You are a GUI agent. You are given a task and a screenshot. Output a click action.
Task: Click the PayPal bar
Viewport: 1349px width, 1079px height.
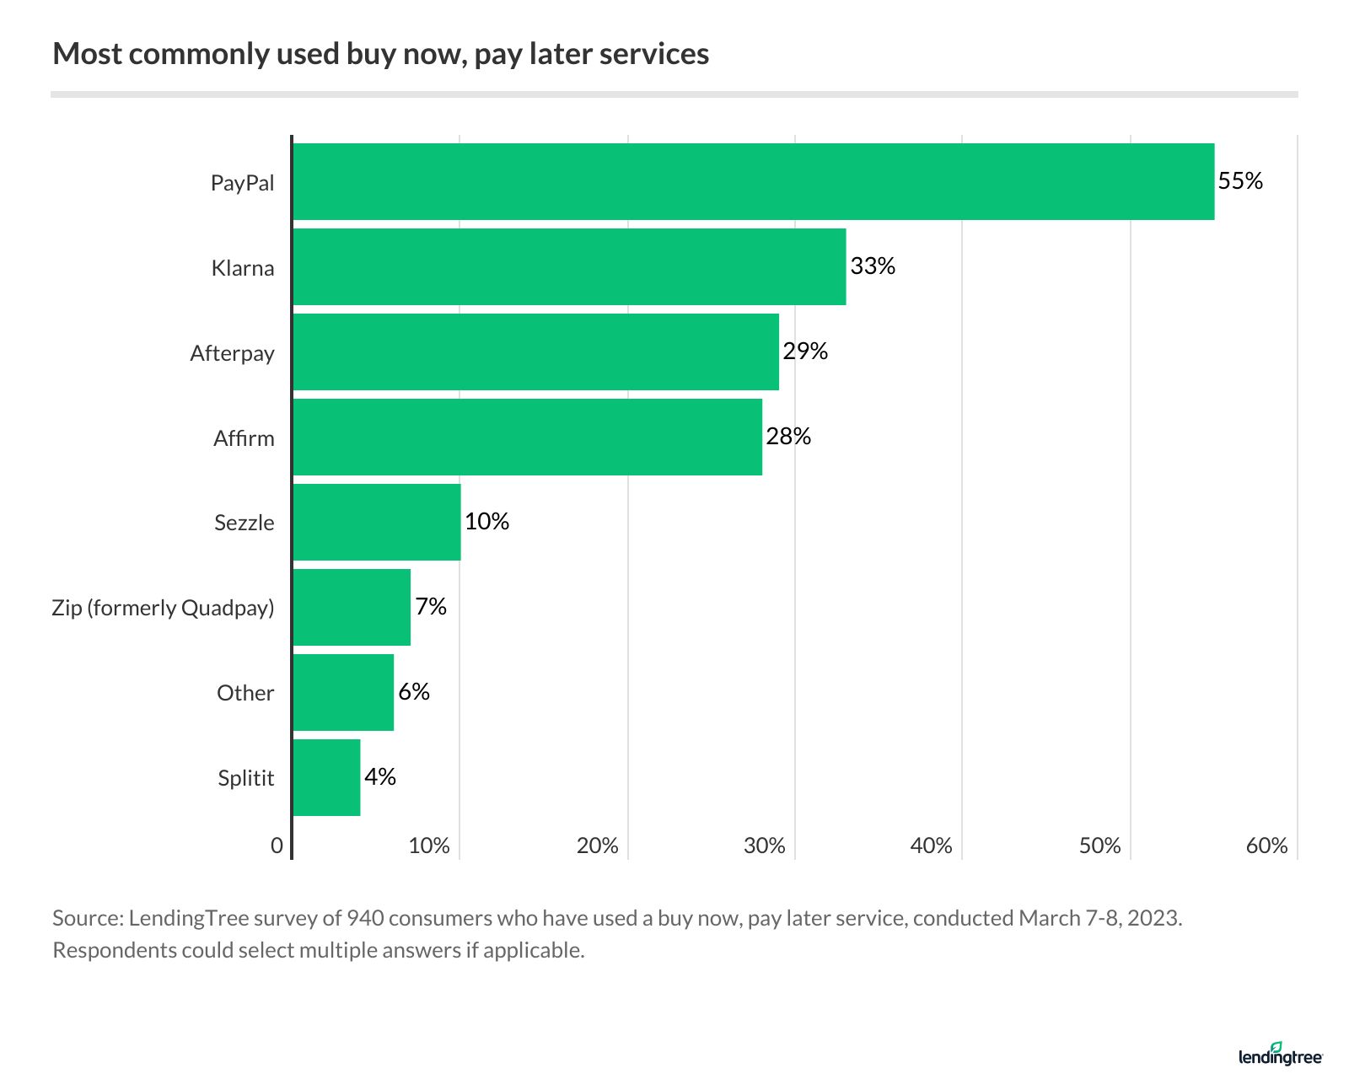pyautogui.click(x=753, y=182)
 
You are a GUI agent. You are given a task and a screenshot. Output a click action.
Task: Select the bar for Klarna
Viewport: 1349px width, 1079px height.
pyautogui.click(x=569, y=267)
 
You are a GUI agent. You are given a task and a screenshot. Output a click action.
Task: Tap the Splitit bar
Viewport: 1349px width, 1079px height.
pyautogui.click(x=326, y=777)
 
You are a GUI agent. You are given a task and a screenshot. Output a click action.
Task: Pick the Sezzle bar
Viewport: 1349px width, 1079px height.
pyautogui.click(x=377, y=522)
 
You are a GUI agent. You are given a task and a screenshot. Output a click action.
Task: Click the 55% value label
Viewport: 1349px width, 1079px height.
pyautogui.click(x=1240, y=181)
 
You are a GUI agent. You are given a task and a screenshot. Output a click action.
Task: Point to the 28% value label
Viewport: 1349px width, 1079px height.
pyautogui.click(x=788, y=437)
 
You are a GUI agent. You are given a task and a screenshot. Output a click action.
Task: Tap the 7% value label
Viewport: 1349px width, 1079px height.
pyautogui.click(x=431, y=607)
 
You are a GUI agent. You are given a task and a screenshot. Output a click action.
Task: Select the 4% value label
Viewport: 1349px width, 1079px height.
pyautogui.click(x=380, y=777)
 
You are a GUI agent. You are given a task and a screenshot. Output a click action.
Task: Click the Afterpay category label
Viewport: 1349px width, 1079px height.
pyautogui.click(x=232, y=353)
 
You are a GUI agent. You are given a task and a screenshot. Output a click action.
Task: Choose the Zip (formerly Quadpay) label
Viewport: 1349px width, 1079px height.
pyautogui.click(x=163, y=608)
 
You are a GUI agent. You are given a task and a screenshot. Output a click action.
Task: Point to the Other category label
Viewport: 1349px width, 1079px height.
pyautogui.click(x=245, y=693)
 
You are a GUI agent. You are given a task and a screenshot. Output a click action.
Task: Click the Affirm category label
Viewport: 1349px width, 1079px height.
pyautogui.click(x=244, y=438)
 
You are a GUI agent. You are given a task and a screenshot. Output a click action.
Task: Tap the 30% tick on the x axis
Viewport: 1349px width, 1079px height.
pyautogui.click(x=764, y=845)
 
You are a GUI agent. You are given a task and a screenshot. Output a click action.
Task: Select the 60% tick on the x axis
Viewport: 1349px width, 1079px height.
pyautogui.click(x=1266, y=845)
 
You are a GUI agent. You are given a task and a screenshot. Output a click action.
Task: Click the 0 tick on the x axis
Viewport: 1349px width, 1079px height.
pyautogui.click(x=277, y=845)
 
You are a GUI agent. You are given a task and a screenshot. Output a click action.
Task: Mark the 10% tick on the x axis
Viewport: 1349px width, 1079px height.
pyautogui.click(x=429, y=845)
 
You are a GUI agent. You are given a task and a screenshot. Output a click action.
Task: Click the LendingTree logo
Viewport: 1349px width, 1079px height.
pyautogui.click(x=1280, y=1054)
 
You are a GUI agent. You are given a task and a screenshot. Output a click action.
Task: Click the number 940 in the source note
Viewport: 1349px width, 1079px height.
pyautogui.click(x=365, y=918)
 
